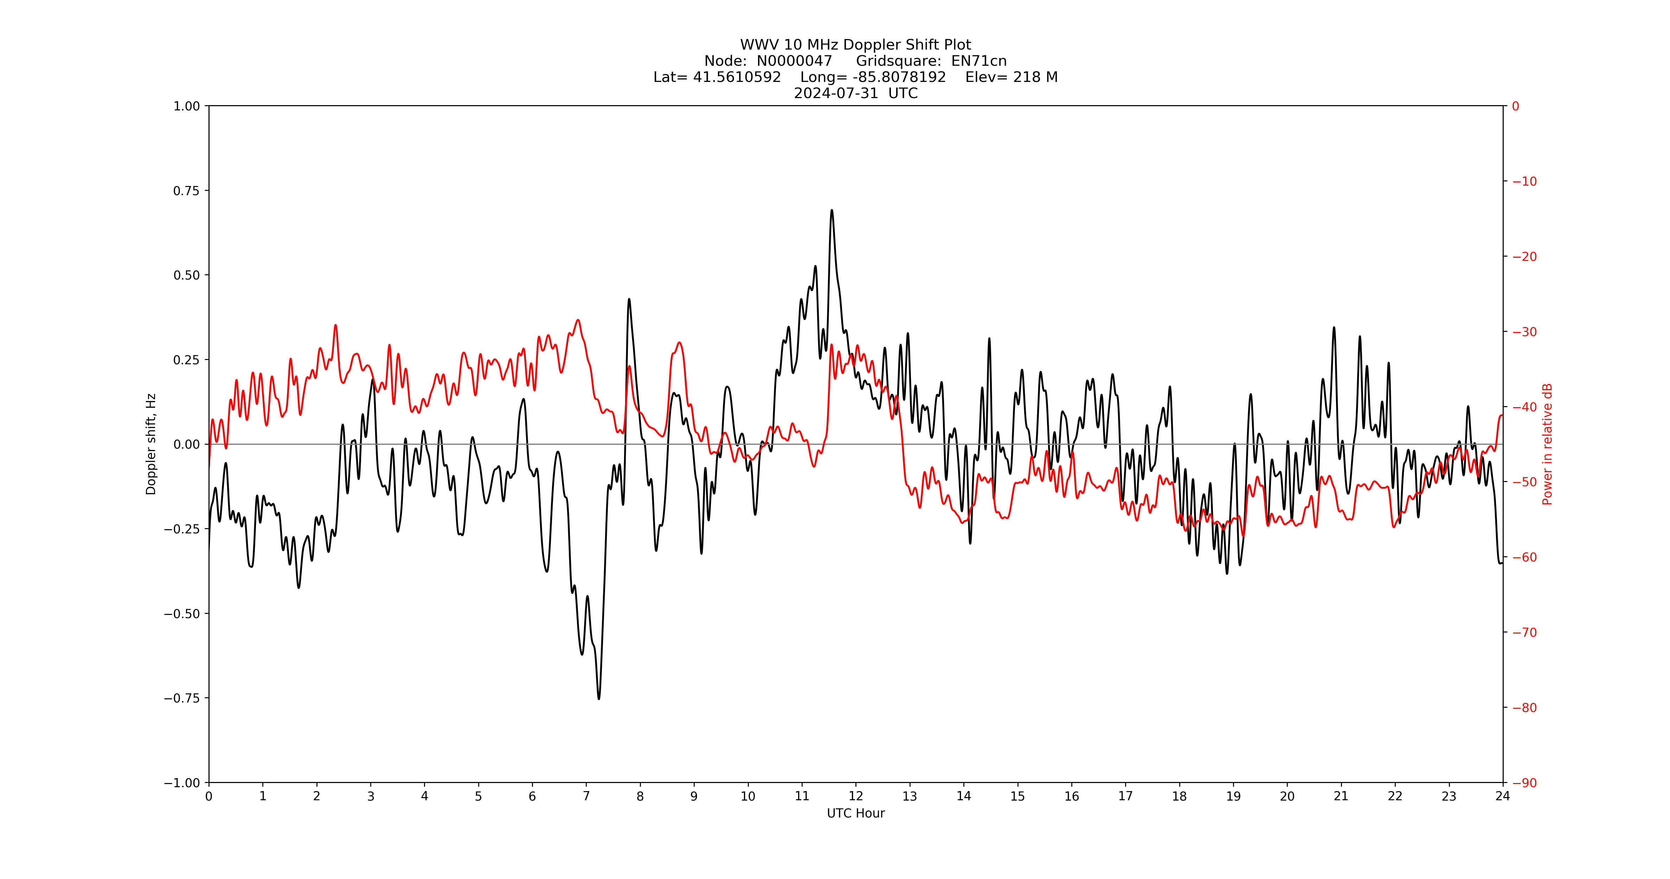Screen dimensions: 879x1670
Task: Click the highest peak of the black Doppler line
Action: pyautogui.click(x=832, y=211)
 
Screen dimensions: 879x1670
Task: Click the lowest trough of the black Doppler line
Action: pyautogui.click(x=598, y=698)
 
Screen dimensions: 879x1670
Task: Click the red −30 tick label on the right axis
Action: pyautogui.click(x=1525, y=332)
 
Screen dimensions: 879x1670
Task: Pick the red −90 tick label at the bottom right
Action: pyautogui.click(x=1525, y=783)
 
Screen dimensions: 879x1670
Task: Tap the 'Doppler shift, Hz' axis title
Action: pyautogui.click(x=151, y=444)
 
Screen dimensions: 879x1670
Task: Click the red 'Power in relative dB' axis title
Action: pyautogui.click(x=1547, y=444)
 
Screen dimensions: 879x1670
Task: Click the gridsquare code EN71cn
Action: pyautogui.click(x=979, y=61)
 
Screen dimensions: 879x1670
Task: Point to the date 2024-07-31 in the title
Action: pyautogui.click(x=836, y=93)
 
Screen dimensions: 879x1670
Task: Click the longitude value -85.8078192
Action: pyautogui.click(x=899, y=77)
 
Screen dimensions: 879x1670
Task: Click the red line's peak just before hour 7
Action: pyautogui.click(x=578, y=320)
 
